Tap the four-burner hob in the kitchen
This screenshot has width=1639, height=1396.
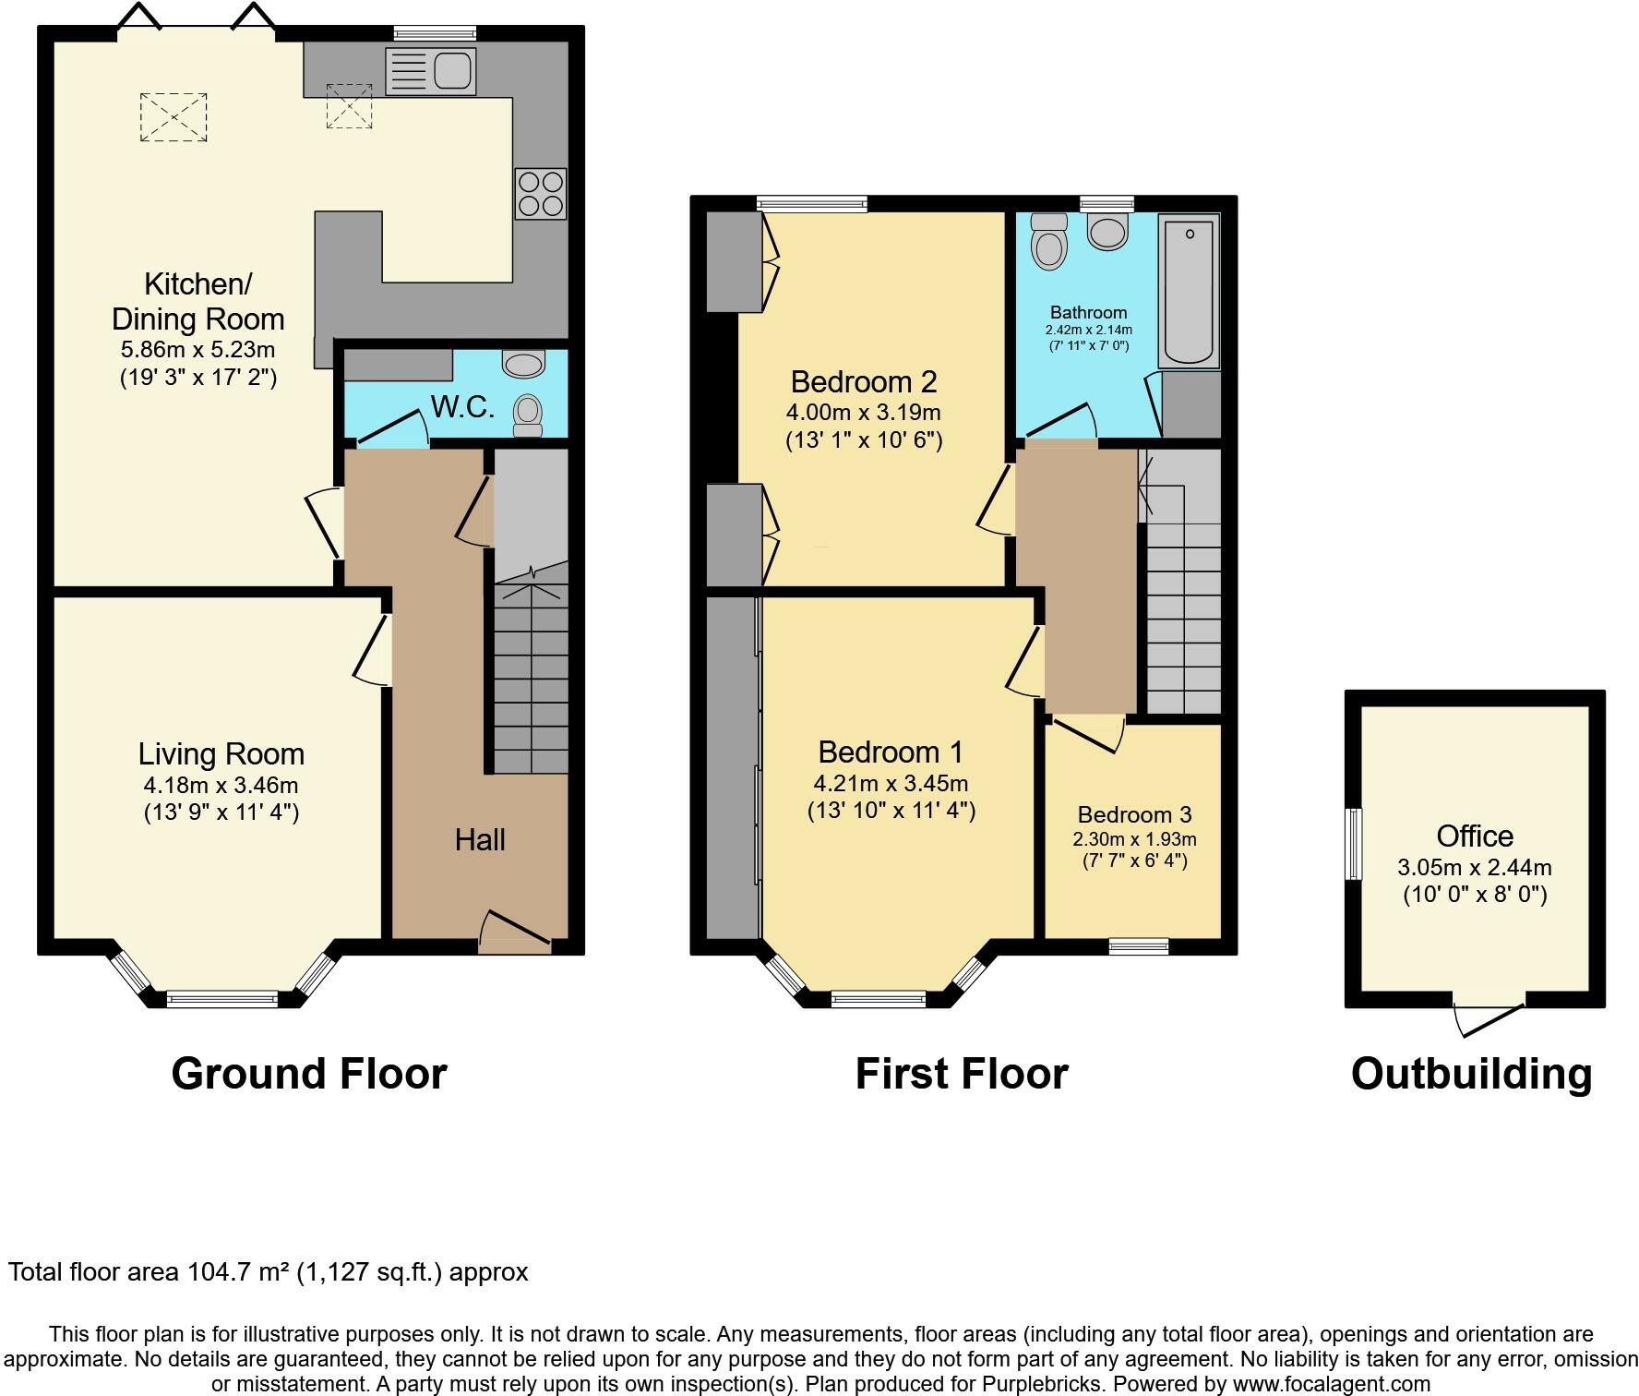[x=541, y=194]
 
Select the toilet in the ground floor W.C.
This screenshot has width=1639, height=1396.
[x=527, y=415]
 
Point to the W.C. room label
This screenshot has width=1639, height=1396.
[x=462, y=406]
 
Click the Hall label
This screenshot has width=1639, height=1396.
[x=480, y=839]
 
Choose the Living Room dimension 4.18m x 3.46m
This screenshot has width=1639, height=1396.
[x=221, y=786]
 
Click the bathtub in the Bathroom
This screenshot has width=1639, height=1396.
[x=1190, y=291]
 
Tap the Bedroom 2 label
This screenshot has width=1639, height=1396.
[x=864, y=381]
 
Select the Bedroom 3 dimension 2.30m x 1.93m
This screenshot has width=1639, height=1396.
[x=1134, y=839]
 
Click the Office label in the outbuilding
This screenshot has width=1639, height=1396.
[x=1475, y=836]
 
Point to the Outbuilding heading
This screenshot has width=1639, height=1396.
[x=1471, y=1074]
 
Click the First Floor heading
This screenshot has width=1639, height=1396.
[x=962, y=1074]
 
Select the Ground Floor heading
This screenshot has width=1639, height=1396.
[x=309, y=1074]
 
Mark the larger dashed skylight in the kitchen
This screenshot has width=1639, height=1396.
[x=173, y=117]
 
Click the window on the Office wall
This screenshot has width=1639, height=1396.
[x=1354, y=844]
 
